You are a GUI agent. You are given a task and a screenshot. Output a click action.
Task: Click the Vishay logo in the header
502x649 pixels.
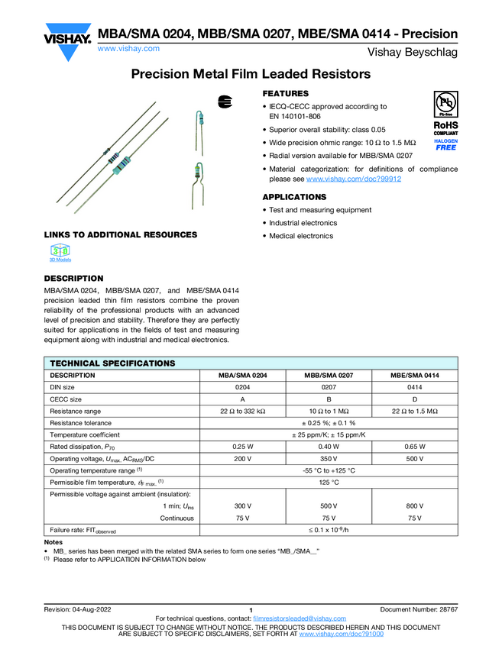tap(67, 35)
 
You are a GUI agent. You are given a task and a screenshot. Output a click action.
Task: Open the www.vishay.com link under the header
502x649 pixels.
tap(128, 48)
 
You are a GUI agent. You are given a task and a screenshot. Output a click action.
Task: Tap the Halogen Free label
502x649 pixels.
tap(445, 145)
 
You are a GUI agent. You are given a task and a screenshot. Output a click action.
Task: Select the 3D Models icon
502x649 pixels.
tap(60, 253)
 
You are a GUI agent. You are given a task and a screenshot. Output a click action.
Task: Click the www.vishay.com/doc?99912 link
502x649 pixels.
tap(354, 179)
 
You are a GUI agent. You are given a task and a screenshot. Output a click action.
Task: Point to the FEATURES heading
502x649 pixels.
tap(286, 93)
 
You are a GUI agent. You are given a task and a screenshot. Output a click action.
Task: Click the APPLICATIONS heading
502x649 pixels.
tap(294, 197)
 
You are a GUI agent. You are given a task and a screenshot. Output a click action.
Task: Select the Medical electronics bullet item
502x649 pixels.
tap(301, 236)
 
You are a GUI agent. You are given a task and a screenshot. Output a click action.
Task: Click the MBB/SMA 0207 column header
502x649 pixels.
tap(328, 376)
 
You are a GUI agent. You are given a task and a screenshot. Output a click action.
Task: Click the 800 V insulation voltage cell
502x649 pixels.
tap(414, 506)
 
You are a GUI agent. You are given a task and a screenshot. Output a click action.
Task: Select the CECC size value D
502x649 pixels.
tap(414, 399)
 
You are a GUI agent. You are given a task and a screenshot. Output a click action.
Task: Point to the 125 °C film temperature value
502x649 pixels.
tap(328, 483)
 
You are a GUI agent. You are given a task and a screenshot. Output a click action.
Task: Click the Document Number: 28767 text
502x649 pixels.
tap(419, 609)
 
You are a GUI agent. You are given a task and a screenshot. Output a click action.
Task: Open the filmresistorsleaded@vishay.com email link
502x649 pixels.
tap(299, 618)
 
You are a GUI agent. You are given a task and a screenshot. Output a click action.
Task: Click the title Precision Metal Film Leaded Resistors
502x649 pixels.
tap(251, 74)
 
